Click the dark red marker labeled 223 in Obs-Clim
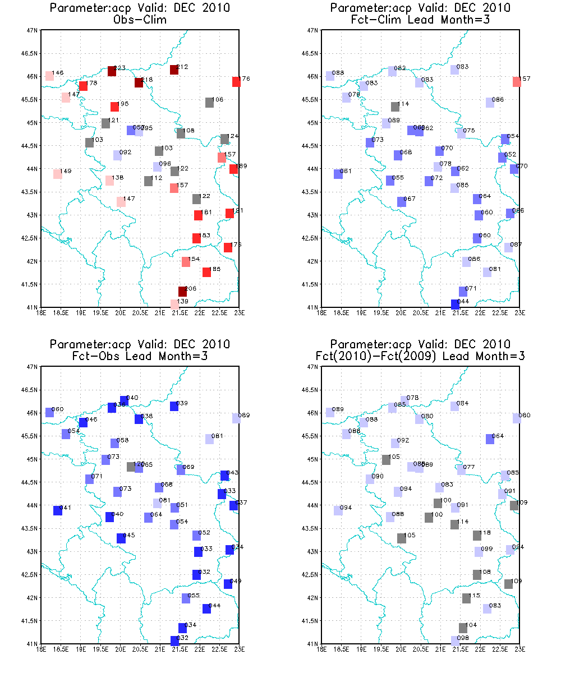coord(112,71)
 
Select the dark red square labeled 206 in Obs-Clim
coord(182,292)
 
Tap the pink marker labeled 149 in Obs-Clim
coord(57,174)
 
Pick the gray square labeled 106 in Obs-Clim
coord(209,103)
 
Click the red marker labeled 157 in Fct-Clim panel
coord(517,82)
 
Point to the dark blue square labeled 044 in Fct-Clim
coord(455,304)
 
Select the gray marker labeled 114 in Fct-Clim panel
coord(395,107)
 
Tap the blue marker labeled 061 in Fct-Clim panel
coord(338,174)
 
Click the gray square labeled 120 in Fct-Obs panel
coord(131,467)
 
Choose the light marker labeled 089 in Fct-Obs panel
coord(236,418)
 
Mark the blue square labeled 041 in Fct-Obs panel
coord(57,510)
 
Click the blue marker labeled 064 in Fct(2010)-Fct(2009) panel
coord(490,439)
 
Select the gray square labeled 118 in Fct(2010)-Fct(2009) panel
coord(477,536)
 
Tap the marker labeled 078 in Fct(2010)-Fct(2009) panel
coord(404,400)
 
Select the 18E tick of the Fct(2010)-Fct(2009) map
coord(322,649)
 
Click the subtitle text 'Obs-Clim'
coord(140,19)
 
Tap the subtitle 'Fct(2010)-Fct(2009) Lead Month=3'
coord(420,355)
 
